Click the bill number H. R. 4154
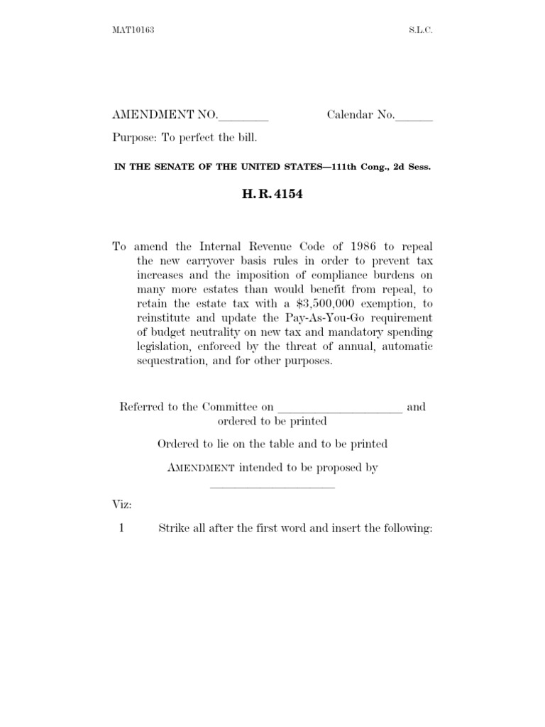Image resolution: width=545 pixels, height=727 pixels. point(272,195)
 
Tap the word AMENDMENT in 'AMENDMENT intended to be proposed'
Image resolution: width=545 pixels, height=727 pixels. point(201,468)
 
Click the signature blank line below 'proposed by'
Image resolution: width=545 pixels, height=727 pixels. point(272,486)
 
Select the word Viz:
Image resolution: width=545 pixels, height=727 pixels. point(122,505)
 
